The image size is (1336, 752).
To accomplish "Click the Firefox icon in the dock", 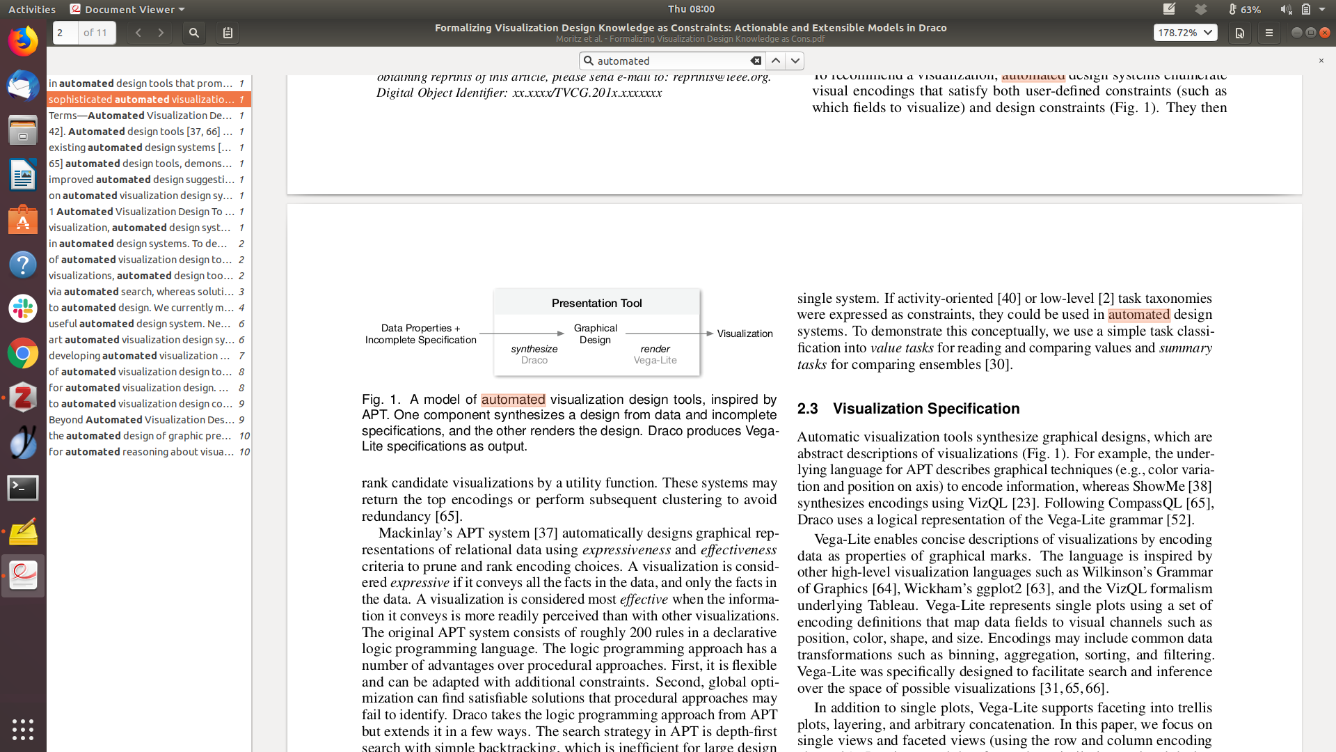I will click(x=23, y=41).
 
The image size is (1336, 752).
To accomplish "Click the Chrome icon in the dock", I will click(x=23, y=354).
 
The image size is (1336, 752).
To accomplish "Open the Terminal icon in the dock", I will click(x=23, y=488).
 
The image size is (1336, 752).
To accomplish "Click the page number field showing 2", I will click(x=65, y=33).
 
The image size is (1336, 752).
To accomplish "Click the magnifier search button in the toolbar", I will click(x=194, y=33).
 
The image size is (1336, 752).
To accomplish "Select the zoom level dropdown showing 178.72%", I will click(x=1185, y=33).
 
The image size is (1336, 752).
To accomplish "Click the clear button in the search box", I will click(x=756, y=61).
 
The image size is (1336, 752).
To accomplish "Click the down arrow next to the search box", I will click(x=795, y=61).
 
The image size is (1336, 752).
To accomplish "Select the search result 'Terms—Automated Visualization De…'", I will click(x=141, y=116).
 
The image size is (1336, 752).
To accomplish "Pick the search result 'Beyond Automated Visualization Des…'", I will click(x=141, y=420).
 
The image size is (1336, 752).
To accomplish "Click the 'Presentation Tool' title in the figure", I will click(x=596, y=304).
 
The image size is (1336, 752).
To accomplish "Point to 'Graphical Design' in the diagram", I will click(x=595, y=334).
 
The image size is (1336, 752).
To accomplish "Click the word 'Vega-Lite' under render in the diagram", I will click(x=655, y=361).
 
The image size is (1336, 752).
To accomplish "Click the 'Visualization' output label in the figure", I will click(x=745, y=334).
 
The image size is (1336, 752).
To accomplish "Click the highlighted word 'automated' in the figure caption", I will click(x=513, y=400).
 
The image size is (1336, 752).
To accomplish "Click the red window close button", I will click(x=1325, y=33).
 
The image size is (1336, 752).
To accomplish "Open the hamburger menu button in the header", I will click(x=1269, y=33).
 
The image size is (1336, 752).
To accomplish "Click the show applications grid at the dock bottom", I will click(x=23, y=729).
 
